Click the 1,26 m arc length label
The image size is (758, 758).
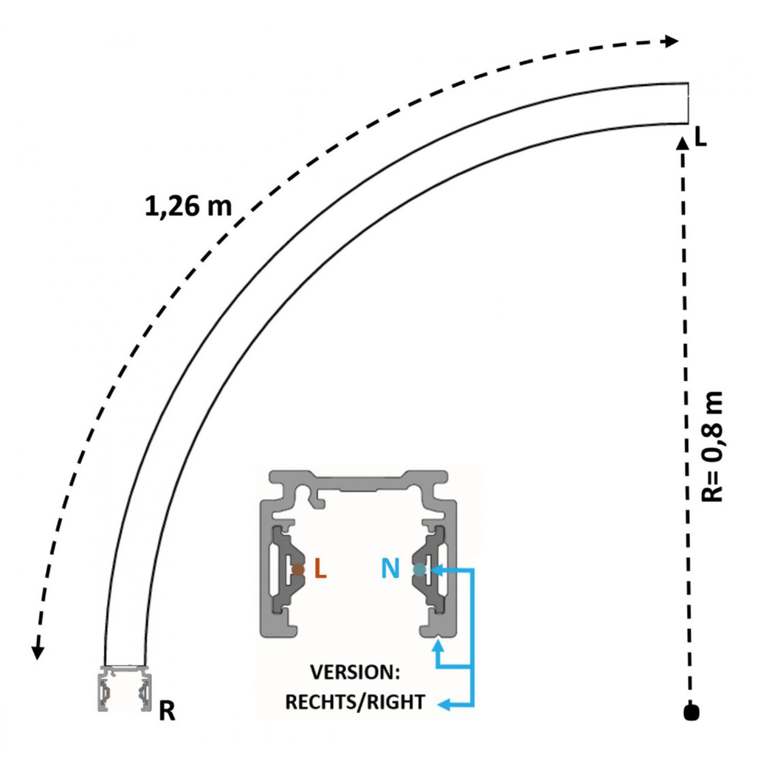tap(189, 207)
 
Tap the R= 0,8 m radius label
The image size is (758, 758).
tap(712, 446)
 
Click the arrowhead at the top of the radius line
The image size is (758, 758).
tap(683, 143)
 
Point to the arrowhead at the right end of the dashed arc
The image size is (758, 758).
tap(672, 41)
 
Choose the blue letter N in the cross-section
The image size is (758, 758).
tap(390, 568)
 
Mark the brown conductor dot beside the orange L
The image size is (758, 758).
tap(298, 569)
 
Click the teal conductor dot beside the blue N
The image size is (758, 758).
tap(419, 569)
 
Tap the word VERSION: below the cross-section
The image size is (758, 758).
tap(355, 673)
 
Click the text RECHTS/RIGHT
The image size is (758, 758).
tap(355, 702)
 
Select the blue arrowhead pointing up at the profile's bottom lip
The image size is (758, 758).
tap(439, 645)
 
